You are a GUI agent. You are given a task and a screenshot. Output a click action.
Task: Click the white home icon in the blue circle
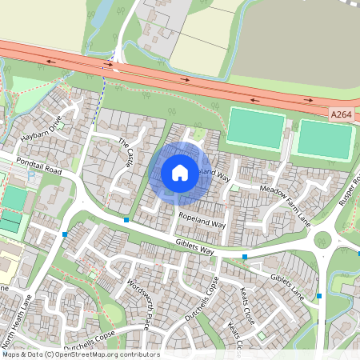pyautogui.click(x=180, y=172)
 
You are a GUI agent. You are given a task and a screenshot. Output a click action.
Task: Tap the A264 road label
pyautogui.click(x=340, y=115)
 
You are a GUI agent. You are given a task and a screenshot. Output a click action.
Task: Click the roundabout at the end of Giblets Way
pyautogui.click(x=322, y=238)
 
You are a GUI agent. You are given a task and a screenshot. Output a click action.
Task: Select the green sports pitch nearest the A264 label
pyautogui.click(x=324, y=140)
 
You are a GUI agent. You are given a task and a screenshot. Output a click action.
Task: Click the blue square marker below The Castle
pyautogui.click(x=126, y=218)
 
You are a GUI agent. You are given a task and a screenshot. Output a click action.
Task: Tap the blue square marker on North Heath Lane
pyautogui.click(x=64, y=234)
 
